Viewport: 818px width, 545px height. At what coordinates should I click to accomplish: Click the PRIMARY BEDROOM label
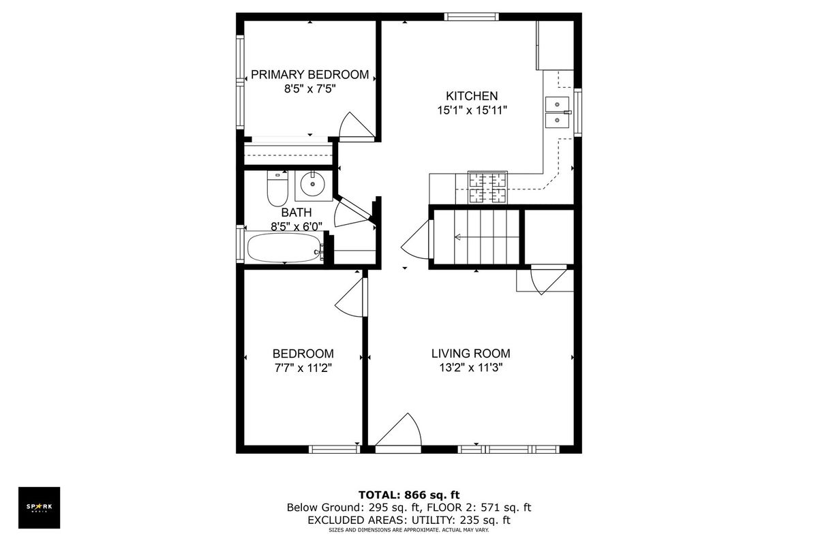pos(309,74)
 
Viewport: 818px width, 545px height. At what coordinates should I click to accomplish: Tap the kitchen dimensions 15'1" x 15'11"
pos(472,110)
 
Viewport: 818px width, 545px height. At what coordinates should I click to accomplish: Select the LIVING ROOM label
pos(471,354)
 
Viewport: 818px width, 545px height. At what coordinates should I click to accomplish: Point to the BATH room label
pos(296,212)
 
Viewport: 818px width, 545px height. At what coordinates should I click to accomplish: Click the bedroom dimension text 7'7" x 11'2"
pos(303,368)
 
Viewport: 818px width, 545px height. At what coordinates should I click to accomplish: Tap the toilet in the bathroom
pos(277,188)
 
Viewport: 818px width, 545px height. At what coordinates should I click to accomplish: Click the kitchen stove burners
pos(487,188)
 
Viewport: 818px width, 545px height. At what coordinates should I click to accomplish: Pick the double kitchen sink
pos(558,112)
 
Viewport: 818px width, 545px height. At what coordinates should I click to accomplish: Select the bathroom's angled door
pos(351,212)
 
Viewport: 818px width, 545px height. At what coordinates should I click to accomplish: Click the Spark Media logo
pos(39,508)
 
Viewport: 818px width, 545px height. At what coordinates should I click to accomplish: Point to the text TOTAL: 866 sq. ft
pos(409,495)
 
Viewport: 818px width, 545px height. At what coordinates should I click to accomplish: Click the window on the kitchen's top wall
pos(472,16)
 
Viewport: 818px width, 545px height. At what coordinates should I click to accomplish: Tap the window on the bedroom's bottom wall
pos(335,450)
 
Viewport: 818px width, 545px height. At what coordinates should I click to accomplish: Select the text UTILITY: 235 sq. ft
pos(461,520)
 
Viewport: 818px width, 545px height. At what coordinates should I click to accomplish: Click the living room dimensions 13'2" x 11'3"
pos(471,368)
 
